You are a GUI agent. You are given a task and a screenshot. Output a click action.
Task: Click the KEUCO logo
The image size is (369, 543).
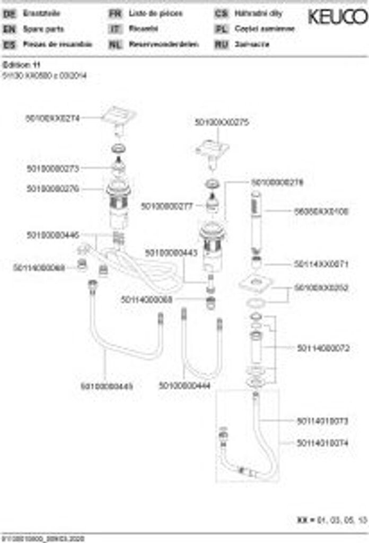pos(338,17)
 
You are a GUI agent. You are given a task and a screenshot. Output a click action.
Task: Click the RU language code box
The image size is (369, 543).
pos(221,45)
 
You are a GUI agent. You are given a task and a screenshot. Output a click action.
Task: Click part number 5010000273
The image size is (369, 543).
pos(52,169)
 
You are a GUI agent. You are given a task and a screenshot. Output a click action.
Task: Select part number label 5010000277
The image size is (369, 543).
pos(166,206)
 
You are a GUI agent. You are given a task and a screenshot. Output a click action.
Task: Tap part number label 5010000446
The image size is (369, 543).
pos(52,234)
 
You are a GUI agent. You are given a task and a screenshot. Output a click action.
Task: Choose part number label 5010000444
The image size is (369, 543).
pos(184,386)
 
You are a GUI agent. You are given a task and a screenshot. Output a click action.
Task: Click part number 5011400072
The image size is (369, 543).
pos(322,347)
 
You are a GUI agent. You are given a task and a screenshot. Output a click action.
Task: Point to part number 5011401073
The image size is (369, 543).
pos(322,421)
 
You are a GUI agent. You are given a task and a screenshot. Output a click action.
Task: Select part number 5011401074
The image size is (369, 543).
pos(322,442)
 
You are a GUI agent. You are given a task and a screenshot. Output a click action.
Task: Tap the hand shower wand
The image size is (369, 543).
pos(257,223)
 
